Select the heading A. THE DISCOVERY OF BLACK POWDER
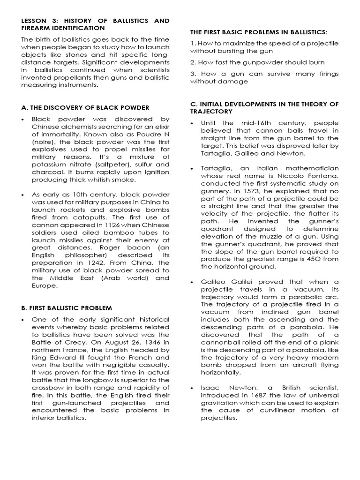pyautogui.click(x=85, y=107)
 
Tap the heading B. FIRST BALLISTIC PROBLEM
pyautogui.click(x=67, y=308)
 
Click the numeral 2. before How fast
pyautogui.click(x=193, y=62)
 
